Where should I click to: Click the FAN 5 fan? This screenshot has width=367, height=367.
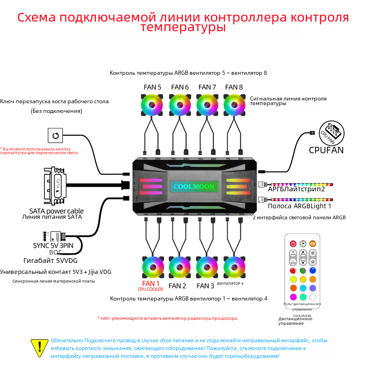152,105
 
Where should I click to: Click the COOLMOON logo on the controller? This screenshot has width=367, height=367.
193,187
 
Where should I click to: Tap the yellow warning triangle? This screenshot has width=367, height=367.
39,348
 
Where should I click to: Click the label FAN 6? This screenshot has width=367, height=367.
180,87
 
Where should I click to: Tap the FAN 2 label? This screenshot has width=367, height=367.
178,286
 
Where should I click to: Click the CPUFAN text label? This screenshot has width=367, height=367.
326,150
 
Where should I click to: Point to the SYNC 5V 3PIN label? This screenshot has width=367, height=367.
56,246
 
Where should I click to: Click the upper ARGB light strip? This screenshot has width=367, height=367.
300,184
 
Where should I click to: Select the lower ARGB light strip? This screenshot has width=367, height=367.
300,200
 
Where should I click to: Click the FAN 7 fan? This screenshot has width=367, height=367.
207,105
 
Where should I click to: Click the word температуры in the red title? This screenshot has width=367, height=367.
183,28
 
